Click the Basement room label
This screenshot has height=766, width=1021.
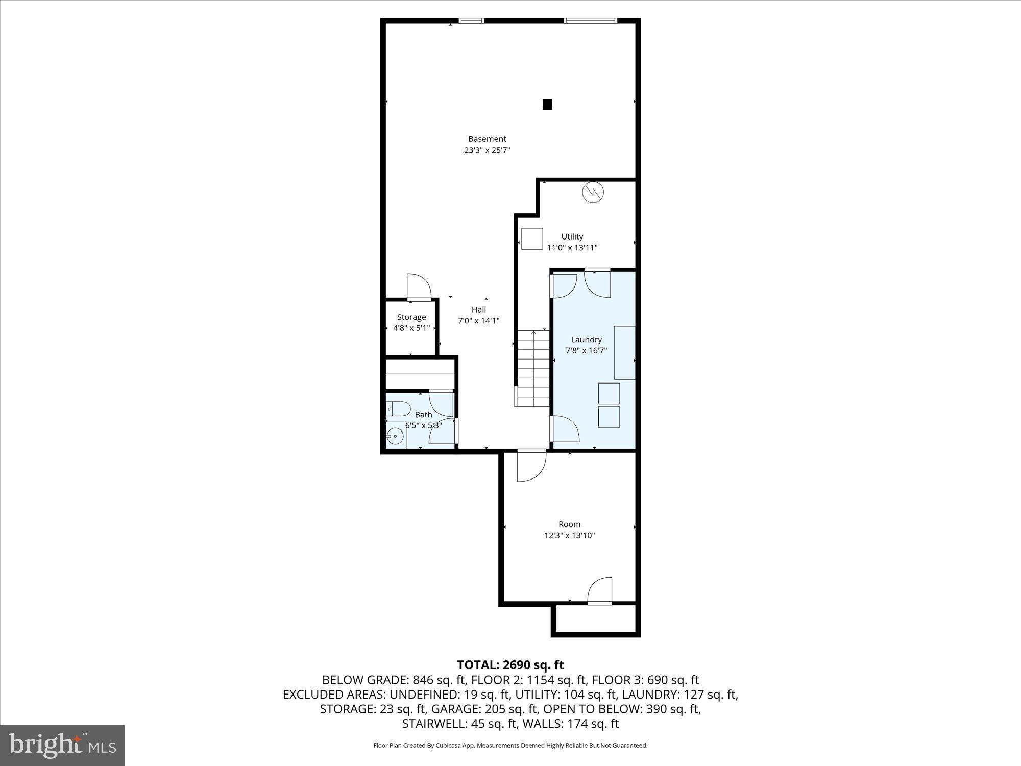point(487,139)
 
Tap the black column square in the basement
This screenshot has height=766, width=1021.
point(547,104)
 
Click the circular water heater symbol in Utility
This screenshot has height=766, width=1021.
point(593,192)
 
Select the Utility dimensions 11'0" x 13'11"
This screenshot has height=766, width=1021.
point(572,248)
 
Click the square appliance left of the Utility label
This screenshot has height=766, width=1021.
point(532,238)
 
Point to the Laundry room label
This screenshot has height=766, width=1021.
point(586,339)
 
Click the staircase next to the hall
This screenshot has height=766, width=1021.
point(533,368)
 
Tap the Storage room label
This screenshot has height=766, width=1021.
point(411,317)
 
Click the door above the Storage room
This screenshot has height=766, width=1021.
point(418,287)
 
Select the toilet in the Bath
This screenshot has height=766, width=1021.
point(399,408)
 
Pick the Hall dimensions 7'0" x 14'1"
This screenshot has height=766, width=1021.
point(478,321)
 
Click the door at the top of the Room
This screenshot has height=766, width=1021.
point(531,466)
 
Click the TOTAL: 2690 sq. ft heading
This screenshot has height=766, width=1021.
point(510,665)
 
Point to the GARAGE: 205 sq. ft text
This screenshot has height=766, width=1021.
point(484,709)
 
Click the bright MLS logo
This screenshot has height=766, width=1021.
point(62,746)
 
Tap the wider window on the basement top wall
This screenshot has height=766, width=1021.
point(590,21)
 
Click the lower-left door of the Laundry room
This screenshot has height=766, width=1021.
point(566,429)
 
